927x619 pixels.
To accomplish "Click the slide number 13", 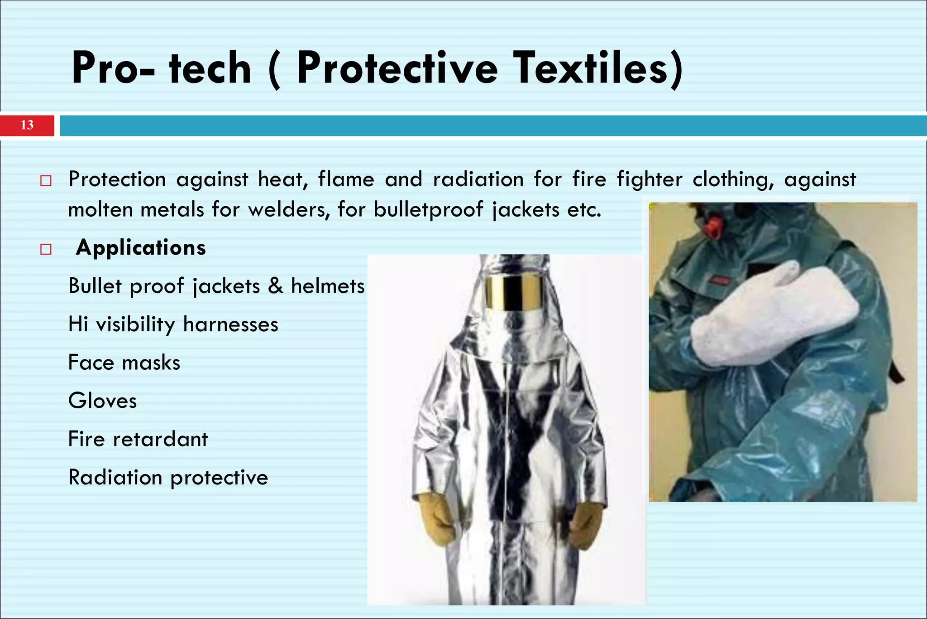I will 27,125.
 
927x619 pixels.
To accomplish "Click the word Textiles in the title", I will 598,68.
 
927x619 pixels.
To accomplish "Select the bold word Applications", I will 141,248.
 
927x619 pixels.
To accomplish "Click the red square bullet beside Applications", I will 46,249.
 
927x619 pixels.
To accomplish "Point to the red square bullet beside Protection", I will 46,181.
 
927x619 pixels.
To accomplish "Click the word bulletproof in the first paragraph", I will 428,210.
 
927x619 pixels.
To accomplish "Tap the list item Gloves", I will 102,401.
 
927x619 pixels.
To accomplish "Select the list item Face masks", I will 124,363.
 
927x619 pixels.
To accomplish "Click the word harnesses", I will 230,324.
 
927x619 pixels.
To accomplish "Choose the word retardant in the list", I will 160,439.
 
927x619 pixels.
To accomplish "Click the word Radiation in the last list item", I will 115,478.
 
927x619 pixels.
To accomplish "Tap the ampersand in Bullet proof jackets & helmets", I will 275,286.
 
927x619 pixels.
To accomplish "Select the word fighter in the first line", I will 650,179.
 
